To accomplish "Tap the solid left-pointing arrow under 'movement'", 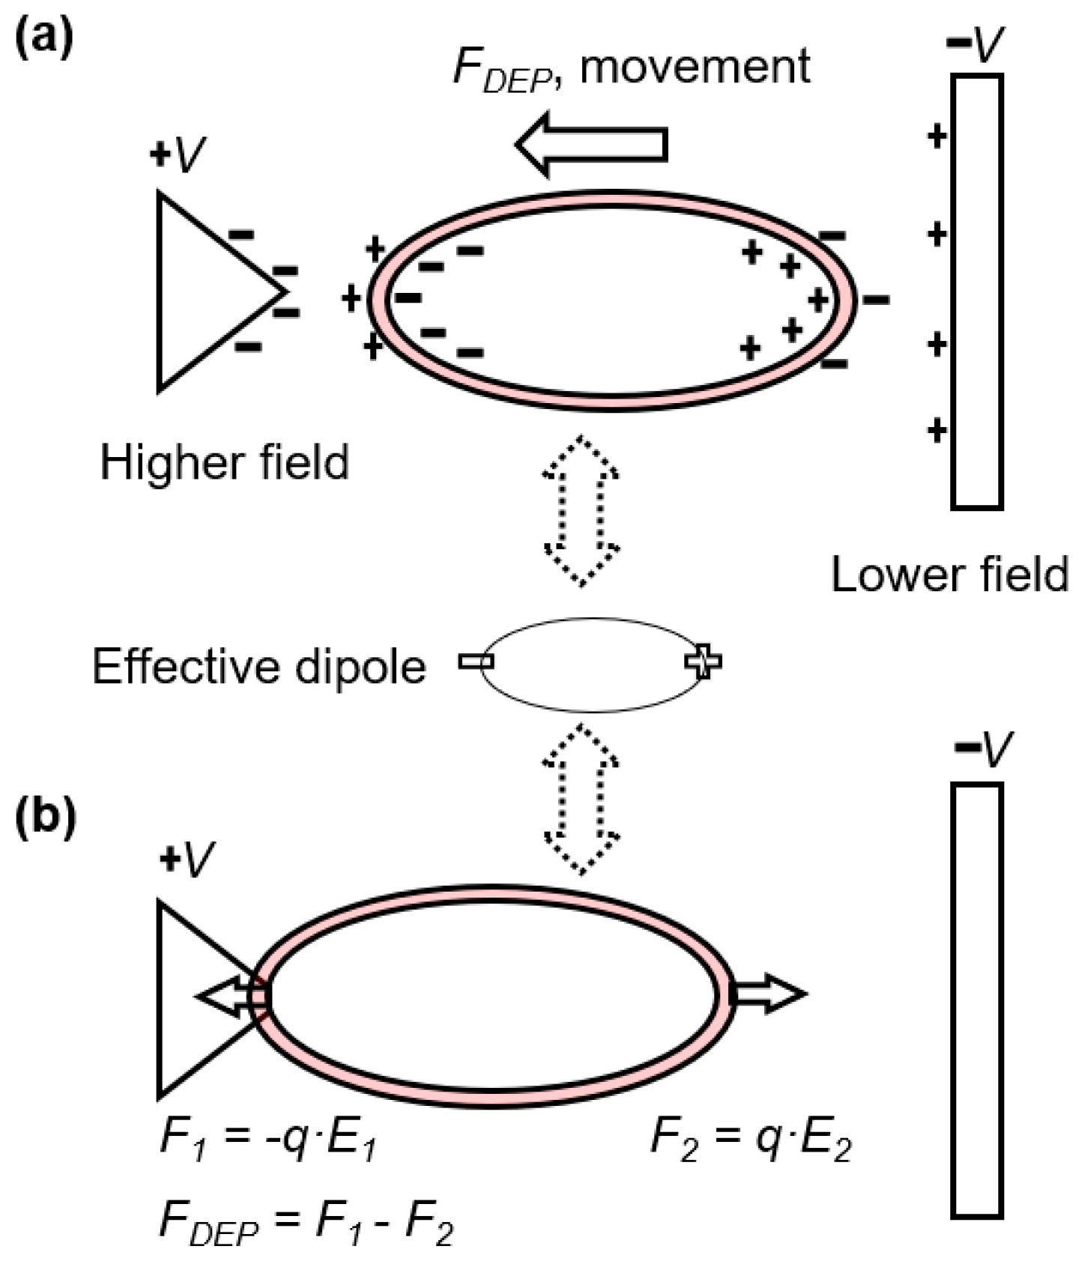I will [592, 145].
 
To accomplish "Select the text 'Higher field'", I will [225, 462].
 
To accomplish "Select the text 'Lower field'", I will [949, 575].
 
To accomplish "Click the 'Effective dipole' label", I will [259, 666].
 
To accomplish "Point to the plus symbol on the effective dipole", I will [703, 661].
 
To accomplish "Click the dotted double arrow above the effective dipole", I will [581, 510].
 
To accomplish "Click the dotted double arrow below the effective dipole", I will [581, 799].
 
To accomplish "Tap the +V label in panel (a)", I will [178, 155].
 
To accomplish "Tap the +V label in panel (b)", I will [187, 860].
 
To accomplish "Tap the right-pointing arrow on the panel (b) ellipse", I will [768, 994].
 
